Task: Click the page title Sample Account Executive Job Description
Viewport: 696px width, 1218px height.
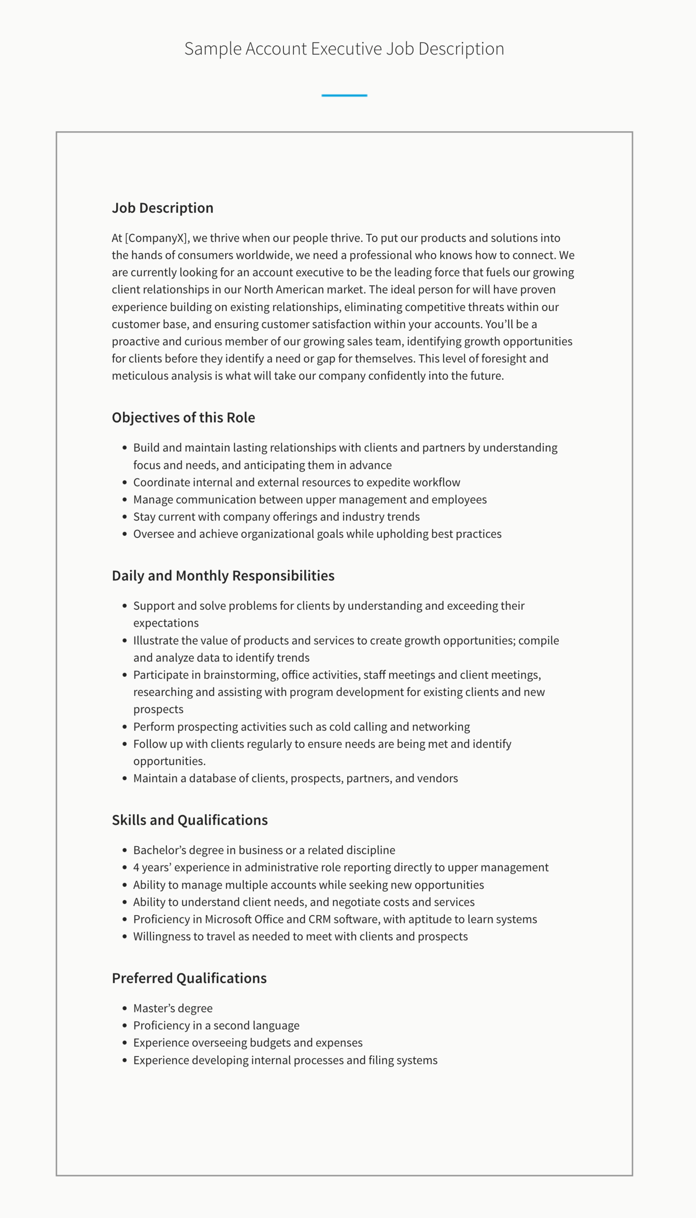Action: (344, 49)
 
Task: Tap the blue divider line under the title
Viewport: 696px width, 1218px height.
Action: (344, 95)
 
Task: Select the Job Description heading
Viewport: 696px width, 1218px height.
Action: (162, 208)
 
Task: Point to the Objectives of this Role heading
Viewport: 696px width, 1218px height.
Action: (183, 417)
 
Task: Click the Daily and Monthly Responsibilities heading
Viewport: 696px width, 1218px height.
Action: (223, 576)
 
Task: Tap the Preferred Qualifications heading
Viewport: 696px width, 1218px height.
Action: (189, 978)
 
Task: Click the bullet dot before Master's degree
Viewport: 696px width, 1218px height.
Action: (125, 1009)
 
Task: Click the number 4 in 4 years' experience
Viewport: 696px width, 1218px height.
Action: (136, 867)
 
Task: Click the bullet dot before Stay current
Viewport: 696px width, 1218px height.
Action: (125, 517)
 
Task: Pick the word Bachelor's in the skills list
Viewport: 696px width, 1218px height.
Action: (155, 850)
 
